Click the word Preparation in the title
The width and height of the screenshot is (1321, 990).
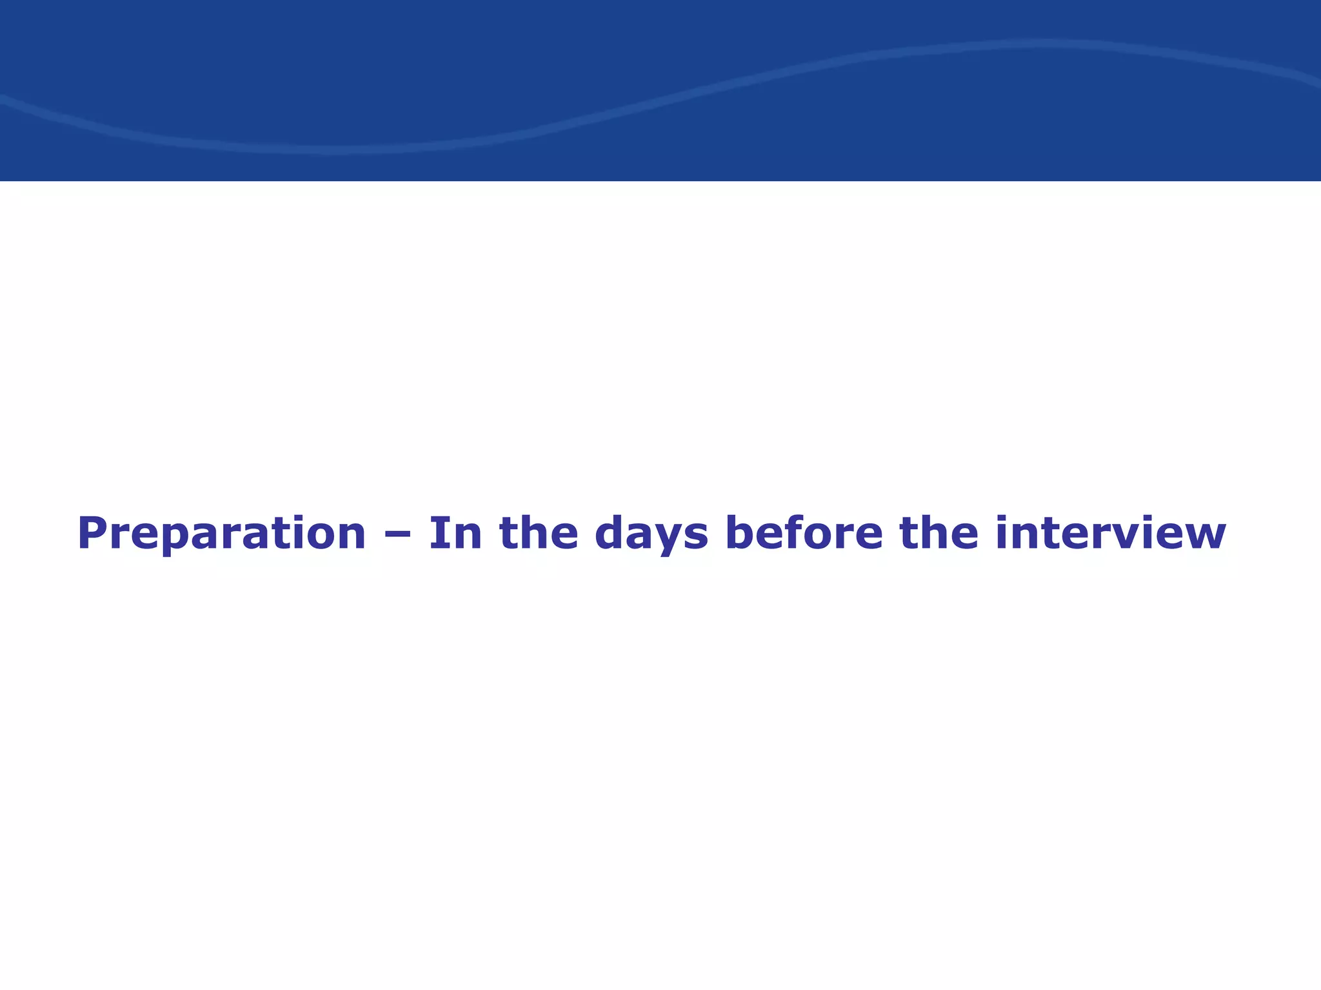click(221, 534)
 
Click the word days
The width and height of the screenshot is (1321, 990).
click(651, 534)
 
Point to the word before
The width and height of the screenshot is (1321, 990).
click(804, 534)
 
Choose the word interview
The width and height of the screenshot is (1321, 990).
click(1109, 534)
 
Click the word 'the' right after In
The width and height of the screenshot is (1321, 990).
click(539, 534)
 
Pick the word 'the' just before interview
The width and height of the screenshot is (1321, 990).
click(939, 534)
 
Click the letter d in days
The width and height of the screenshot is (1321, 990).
click(610, 534)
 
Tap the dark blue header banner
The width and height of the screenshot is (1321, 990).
click(660, 90)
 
